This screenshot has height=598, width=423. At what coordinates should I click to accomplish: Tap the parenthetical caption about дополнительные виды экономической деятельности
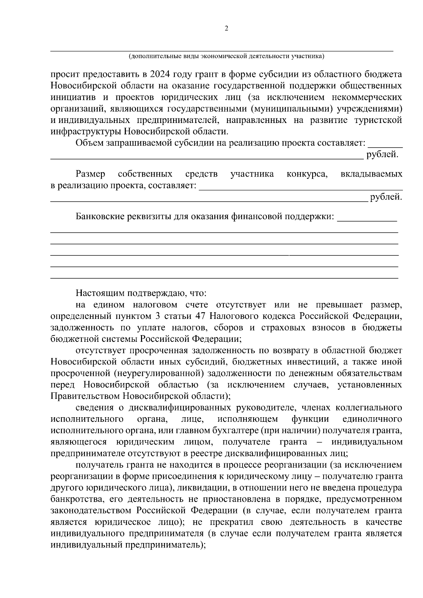coord(226,56)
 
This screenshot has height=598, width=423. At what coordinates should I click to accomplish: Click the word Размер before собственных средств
coord(90,174)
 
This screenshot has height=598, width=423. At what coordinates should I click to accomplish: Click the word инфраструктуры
coord(86,132)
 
